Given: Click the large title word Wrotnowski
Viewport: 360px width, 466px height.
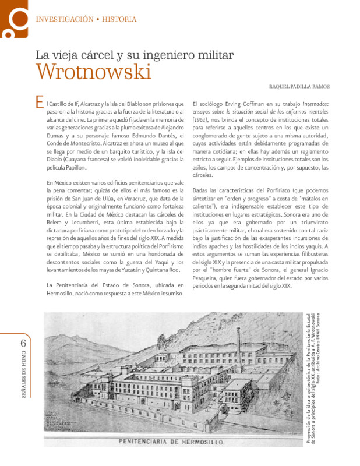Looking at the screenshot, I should click(x=93, y=72).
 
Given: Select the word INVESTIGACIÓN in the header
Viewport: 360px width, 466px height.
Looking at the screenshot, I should click(x=64, y=19).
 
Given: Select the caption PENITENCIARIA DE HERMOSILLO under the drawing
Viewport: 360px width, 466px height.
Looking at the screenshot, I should click(x=172, y=443).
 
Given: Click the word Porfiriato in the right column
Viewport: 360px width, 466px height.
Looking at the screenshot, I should click(x=288, y=191).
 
